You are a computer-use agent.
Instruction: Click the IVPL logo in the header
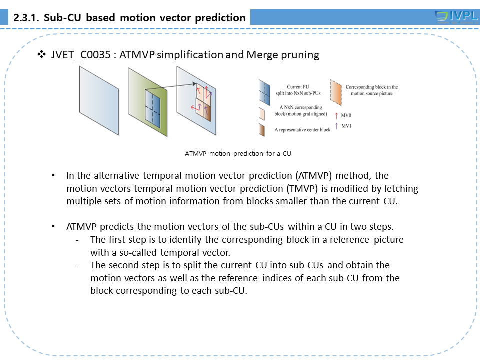[456, 17]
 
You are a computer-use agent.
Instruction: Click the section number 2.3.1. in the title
[27, 18]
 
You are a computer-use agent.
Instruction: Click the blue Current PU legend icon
[264, 90]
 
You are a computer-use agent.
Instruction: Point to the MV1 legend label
[346, 126]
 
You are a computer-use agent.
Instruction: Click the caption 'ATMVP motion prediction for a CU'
[238, 153]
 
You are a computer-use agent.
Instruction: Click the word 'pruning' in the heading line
[300, 55]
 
